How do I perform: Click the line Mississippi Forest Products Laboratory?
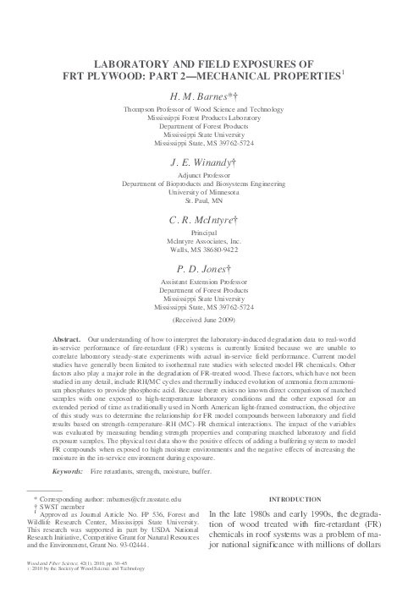(208, 118)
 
